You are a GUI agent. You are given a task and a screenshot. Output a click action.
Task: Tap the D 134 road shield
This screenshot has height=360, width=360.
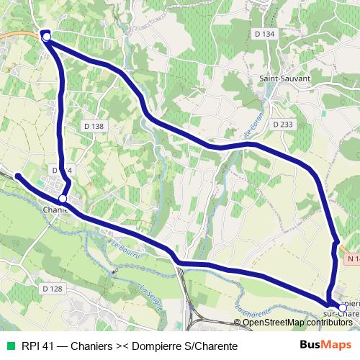pos(264,34)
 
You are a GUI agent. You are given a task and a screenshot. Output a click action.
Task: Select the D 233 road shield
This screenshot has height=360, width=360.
pos(283,125)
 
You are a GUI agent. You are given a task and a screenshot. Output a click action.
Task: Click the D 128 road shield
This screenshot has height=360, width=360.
pos(53,288)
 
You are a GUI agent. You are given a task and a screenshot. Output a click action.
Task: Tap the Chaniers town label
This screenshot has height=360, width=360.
pos(55,210)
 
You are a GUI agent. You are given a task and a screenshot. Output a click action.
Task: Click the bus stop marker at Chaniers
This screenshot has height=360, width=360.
pos(63,198)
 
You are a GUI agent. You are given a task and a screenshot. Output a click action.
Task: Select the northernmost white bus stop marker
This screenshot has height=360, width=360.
pos(47,35)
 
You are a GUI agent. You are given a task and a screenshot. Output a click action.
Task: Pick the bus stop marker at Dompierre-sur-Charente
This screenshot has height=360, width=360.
pos(342,307)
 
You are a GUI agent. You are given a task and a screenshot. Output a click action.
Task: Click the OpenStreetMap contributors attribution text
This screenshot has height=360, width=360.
pos(296,323)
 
